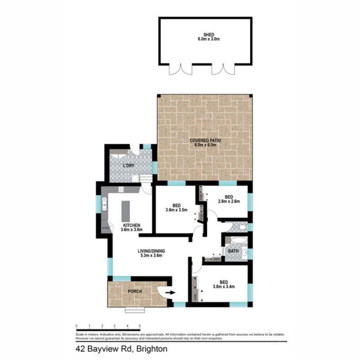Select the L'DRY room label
click(x=129, y=166)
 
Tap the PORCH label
click(x=135, y=292)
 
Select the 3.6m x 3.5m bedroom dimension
click(x=176, y=210)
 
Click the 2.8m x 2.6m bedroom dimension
click(x=229, y=202)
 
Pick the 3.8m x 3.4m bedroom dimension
click(x=224, y=286)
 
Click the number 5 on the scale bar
click(x=140, y=325)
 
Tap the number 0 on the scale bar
click(x=77, y=325)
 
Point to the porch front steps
click(x=135, y=310)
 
